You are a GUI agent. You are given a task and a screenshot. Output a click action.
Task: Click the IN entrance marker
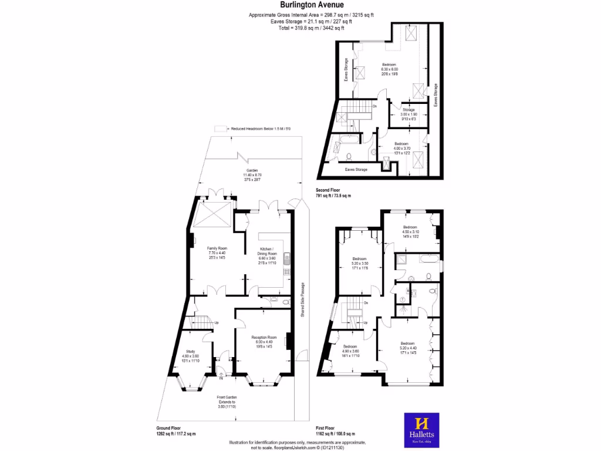point(221,379)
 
